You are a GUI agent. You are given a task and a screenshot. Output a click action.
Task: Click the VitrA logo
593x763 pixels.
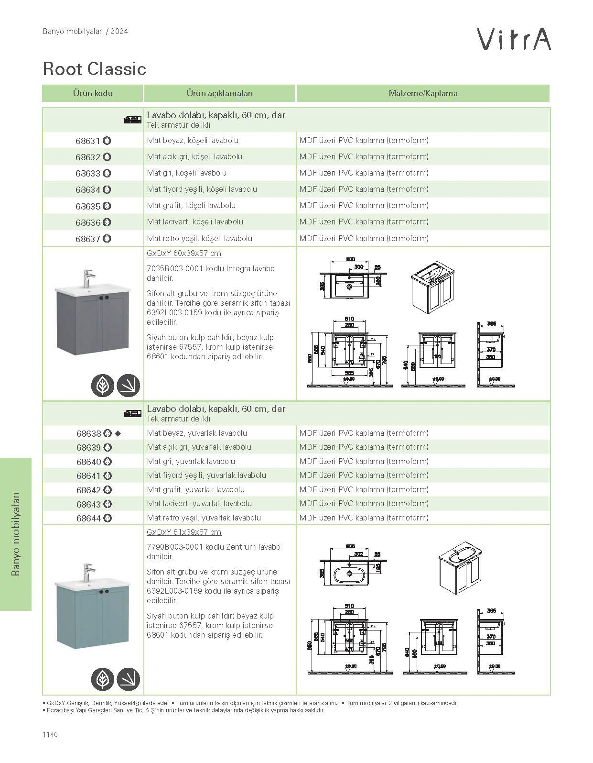(515, 39)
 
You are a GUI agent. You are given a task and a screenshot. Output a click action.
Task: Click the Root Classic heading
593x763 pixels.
(94, 69)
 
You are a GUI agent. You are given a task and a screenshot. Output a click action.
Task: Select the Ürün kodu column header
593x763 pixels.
(93, 93)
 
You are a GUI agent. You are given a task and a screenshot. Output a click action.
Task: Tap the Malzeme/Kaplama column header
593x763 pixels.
(423, 93)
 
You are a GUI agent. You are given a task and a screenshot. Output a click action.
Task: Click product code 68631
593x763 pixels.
(88, 141)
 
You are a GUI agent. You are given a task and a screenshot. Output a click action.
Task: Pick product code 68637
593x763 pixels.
(88, 239)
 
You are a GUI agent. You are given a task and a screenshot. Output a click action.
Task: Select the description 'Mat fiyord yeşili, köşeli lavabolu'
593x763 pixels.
(202, 189)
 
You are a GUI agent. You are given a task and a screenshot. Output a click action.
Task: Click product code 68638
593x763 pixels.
(89, 434)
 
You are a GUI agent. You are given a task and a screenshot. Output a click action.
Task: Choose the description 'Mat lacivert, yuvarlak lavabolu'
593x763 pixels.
(199, 504)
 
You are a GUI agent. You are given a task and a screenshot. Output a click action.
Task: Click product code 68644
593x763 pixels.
(89, 519)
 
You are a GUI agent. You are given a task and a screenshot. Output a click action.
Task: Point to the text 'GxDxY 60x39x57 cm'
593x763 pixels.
(184, 254)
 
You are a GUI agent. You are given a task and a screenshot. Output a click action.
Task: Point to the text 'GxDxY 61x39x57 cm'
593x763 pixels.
(184, 532)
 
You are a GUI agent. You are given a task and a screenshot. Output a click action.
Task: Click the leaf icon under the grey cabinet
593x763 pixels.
(103, 385)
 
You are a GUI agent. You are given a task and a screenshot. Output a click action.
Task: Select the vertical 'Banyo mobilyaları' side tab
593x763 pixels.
(16, 534)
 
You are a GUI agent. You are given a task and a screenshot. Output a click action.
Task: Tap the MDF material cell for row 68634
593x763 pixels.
(364, 189)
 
